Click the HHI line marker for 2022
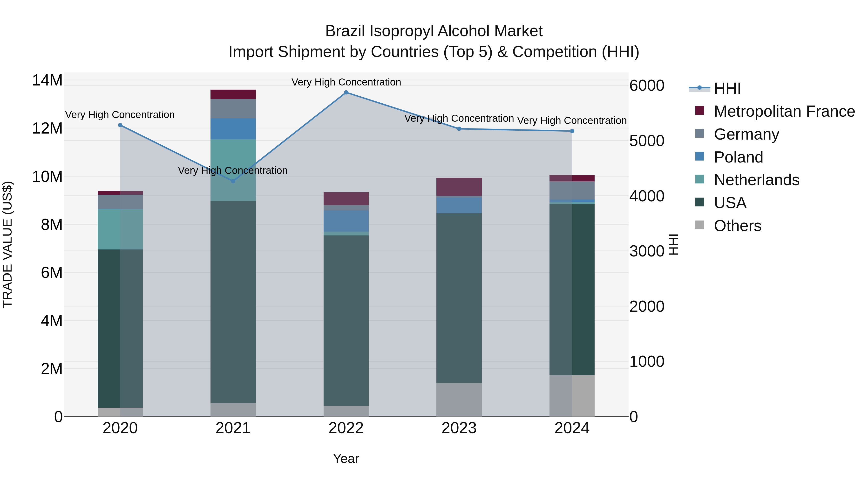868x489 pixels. click(x=346, y=92)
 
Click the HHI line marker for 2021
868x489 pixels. click(x=233, y=181)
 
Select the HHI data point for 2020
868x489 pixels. click(x=120, y=125)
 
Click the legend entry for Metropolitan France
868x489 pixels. click(x=784, y=111)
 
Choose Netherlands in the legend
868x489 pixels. click(x=756, y=180)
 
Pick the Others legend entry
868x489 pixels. click(x=737, y=226)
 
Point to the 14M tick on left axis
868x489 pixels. click(x=47, y=81)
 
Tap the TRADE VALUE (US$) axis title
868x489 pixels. click(x=8, y=244)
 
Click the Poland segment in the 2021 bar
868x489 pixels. click(x=233, y=129)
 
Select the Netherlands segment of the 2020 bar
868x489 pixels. click(x=120, y=229)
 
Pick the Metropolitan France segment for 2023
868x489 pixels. click(x=459, y=187)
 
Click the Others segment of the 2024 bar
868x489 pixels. click(x=572, y=396)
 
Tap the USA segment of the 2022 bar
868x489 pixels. click(x=346, y=321)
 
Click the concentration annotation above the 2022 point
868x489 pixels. click(x=346, y=82)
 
